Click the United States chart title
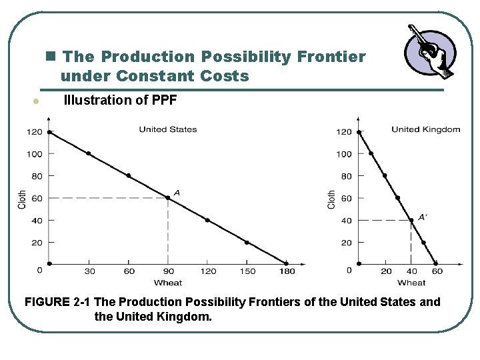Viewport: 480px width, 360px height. point(167,129)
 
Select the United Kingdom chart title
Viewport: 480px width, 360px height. point(425,129)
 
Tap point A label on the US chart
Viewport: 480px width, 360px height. point(177,193)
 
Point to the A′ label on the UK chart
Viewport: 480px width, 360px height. point(422,217)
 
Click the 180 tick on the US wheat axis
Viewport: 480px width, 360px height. point(286,271)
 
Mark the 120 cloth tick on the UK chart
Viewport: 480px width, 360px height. point(343,132)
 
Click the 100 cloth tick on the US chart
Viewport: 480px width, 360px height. point(35,154)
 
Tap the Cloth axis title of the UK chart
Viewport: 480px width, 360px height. point(331,199)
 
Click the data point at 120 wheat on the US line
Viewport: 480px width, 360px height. point(207,220)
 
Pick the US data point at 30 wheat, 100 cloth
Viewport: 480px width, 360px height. point(89,153)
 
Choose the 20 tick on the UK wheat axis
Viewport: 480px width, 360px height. point(386,271)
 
